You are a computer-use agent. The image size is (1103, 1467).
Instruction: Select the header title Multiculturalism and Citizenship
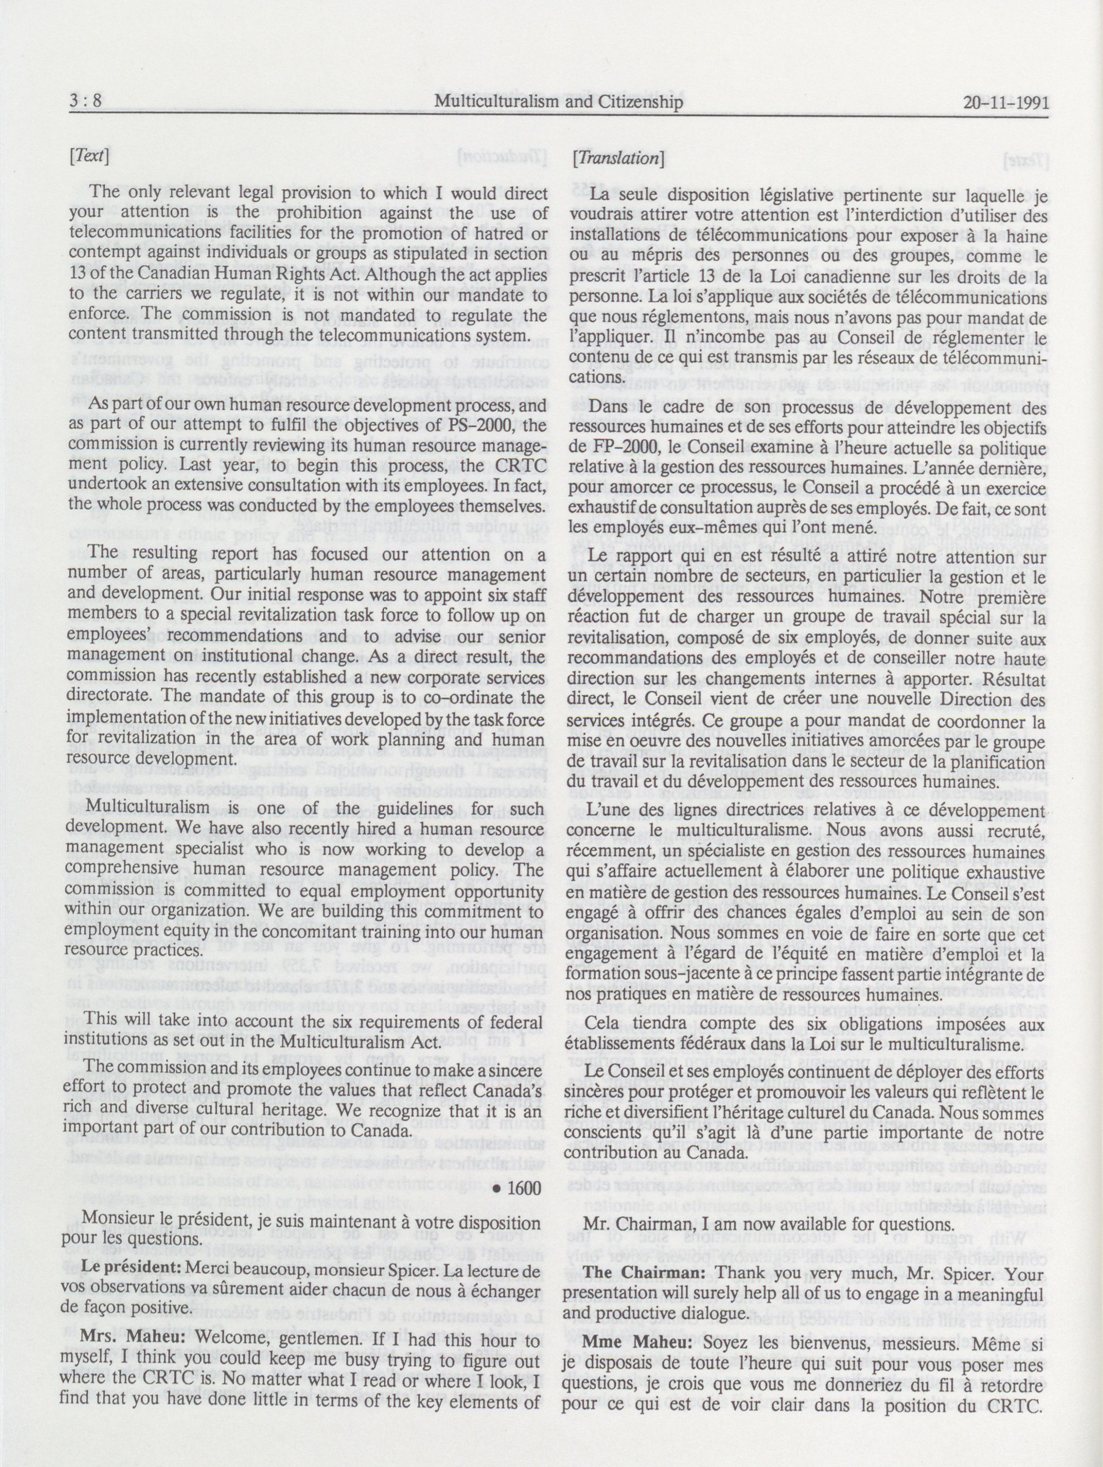559,102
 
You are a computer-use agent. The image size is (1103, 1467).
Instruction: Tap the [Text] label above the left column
88,158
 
